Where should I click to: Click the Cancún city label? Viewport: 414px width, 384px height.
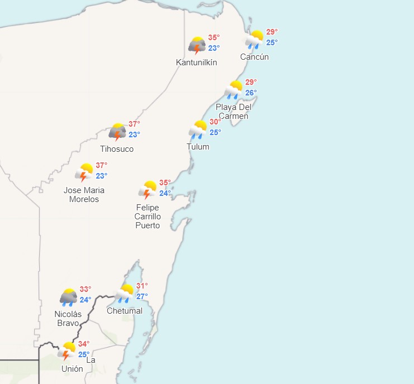tap(254, 57)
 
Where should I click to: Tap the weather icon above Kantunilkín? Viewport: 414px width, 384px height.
tap(197, 45)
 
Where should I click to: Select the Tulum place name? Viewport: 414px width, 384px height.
tap(198, 147)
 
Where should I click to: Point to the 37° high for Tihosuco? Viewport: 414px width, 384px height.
tap(135, 124)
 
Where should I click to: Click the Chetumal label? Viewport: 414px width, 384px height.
tap(125, 311)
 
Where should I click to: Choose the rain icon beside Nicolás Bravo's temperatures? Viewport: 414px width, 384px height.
tap(69, 297)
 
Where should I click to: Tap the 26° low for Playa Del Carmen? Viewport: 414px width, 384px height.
tap(251, 93)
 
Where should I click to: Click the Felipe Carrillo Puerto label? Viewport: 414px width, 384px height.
tap(148, 217)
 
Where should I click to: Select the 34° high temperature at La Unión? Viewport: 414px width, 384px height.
tap(84, 344)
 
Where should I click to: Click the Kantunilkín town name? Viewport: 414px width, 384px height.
tap(197, 63)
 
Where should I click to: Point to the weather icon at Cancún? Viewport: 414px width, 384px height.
tap(255, 39)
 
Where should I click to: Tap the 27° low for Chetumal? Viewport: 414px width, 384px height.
tap(142, 296)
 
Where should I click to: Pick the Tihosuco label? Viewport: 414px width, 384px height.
tap(117, 149)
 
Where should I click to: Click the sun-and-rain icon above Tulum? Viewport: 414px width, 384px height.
tap(198, 129)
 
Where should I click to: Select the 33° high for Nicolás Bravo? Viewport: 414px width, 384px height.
tap(85, 289)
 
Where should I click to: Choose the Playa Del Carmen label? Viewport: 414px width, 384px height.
tap(234, 112)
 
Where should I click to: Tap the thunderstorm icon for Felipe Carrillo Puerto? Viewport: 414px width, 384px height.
tap(148, 190)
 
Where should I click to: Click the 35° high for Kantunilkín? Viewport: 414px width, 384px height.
tap(214, 38)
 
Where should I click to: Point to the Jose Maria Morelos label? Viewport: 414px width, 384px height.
tap(84, 195)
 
